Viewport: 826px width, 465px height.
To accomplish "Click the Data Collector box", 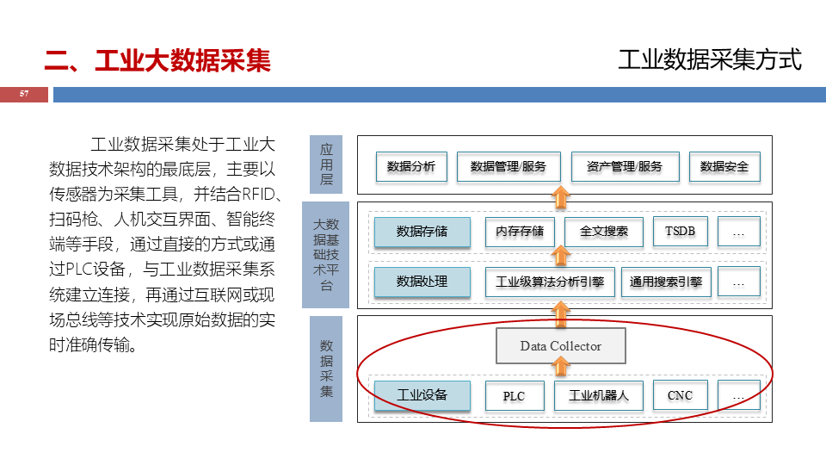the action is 560,346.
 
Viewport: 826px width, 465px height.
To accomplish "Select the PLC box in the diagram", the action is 513,396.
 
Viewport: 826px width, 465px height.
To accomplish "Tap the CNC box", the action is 680,396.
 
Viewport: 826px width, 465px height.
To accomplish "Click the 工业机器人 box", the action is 598,396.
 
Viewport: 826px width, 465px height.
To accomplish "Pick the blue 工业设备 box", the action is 422,395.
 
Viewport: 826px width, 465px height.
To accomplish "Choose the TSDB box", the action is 680,232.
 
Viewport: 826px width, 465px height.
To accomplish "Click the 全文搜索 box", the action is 604,232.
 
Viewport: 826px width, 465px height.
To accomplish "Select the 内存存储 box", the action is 520,232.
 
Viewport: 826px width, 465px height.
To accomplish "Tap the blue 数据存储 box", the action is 422,232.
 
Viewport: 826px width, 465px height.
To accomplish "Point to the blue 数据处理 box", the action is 422,282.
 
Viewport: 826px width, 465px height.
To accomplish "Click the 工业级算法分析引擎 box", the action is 550,282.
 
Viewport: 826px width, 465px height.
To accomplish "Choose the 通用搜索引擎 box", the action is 665,282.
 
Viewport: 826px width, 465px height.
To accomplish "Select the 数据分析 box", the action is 410,166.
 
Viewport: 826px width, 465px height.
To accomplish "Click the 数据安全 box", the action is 724,166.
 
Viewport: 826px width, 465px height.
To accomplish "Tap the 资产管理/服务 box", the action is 625,166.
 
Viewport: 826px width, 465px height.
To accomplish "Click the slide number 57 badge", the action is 24,94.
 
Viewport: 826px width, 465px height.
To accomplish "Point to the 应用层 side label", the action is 326,164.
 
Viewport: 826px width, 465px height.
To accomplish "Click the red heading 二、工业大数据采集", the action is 157,61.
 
